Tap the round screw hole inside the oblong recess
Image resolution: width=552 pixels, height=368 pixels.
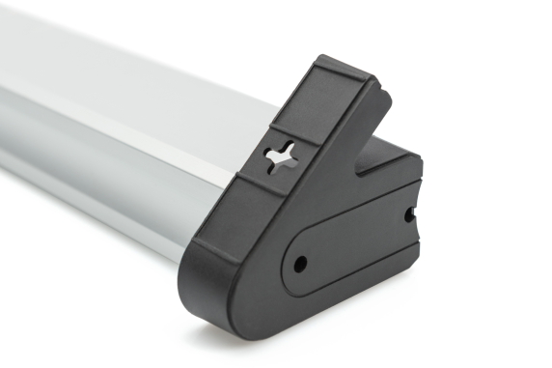(299, 262)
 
